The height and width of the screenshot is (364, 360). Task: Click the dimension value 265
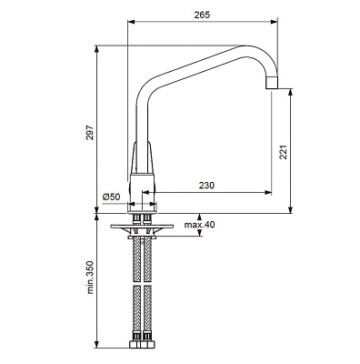pos(202,15)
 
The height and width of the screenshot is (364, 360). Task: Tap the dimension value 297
pos(90,132)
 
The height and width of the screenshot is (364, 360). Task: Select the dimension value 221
pos(283,152)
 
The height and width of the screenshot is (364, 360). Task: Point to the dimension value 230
pos(206,185)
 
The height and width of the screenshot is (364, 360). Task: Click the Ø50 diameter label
pos(111,197)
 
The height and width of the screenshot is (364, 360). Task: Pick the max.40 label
pos(199,225)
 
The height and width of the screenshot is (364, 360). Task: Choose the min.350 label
pos(90,278)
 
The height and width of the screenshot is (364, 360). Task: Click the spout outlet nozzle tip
pos(272,83)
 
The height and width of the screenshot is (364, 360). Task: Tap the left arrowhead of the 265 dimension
pos(131,21)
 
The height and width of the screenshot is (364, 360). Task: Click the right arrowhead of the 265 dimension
pos(275,21)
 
